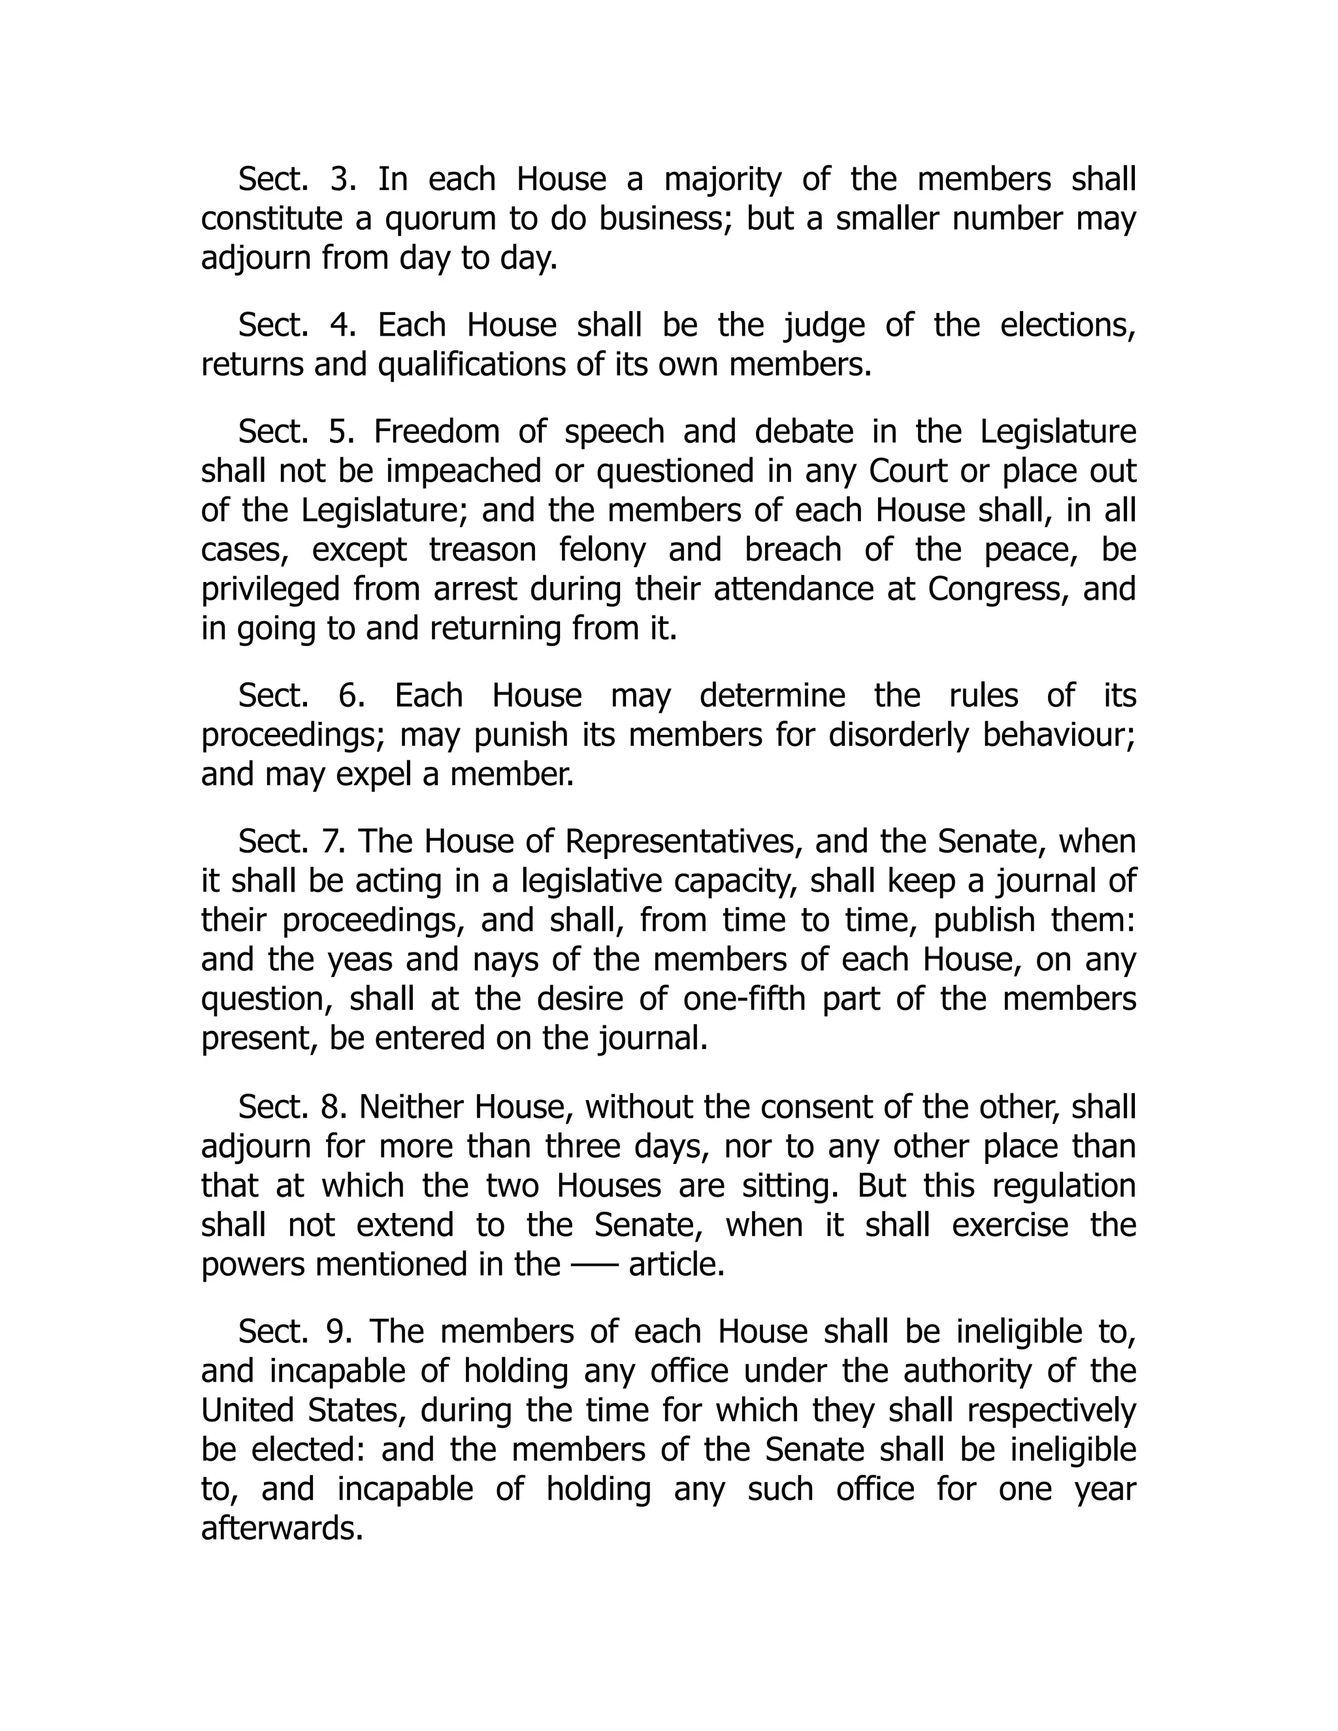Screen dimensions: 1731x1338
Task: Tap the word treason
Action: point(483,550)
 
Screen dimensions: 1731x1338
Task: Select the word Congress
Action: point(995,589)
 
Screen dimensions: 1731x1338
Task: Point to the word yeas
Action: point(360,960)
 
